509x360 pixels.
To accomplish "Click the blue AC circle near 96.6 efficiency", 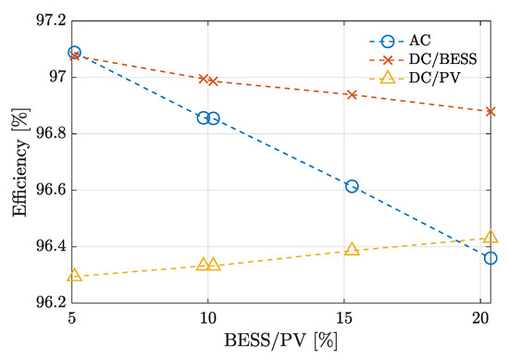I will click(x=352, y=186).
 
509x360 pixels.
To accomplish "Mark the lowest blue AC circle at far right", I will click(x=490, y=258).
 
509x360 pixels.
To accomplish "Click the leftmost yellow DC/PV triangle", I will click(x=75, y=275).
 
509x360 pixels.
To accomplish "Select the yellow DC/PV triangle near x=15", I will click(x=352, y=249).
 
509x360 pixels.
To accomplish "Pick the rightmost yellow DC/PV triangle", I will click(x=490, y=237).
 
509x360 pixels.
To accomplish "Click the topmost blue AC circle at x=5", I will click(x=75, y=53).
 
